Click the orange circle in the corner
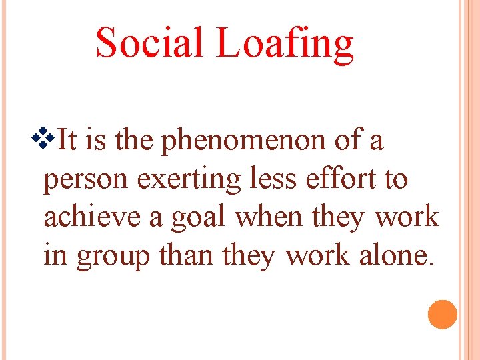[x=443, y=314]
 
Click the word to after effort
[x=395, y=179]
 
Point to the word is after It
[x=97, y=141]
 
